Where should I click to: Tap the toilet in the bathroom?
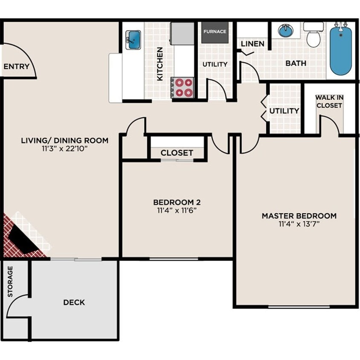click(x=314, y=35)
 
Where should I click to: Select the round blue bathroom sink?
click(x=286, y=31)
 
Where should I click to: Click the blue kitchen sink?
click(x=133, y=40)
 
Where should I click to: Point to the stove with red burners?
click(x=184, y=87)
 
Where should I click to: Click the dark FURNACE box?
click(x=215, y=32)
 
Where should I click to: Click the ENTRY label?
click(x=16, y=67)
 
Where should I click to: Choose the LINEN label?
click(x=253, y=44)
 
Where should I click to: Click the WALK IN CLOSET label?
click(x=329, y=101)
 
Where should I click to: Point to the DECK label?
click(x=74, y=302)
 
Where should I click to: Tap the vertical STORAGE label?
click(x=10, y=281)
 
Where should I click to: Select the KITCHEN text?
click(x=160, y=64)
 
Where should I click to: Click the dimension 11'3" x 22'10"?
click(x=64, y=149)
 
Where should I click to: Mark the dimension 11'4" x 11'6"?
click(x=177, y=210)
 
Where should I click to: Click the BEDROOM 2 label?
click(x=177, y=202)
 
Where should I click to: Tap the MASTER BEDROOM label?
click(x=299, y=216)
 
